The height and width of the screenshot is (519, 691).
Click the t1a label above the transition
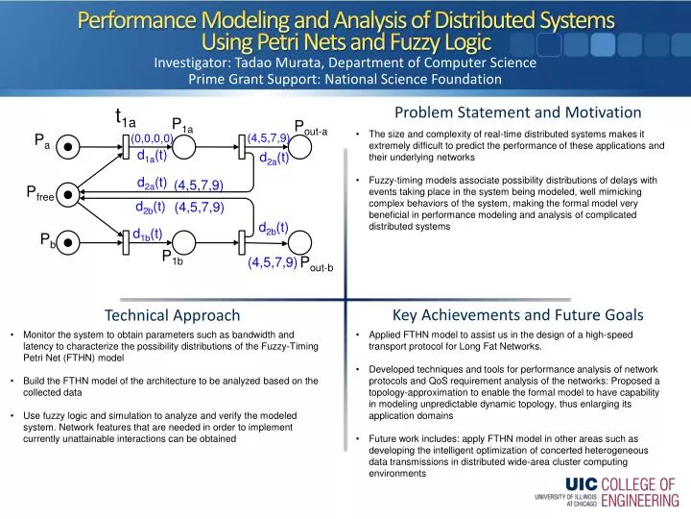click(x=126, y=118)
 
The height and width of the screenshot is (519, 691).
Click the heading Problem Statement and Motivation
click(x=517, y=113)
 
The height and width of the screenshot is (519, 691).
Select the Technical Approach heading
click(x=172, y=315)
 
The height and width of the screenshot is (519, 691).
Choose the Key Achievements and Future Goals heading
click(x=517, y=314)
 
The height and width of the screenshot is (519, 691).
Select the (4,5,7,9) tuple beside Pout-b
click(x=272, y=262)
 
